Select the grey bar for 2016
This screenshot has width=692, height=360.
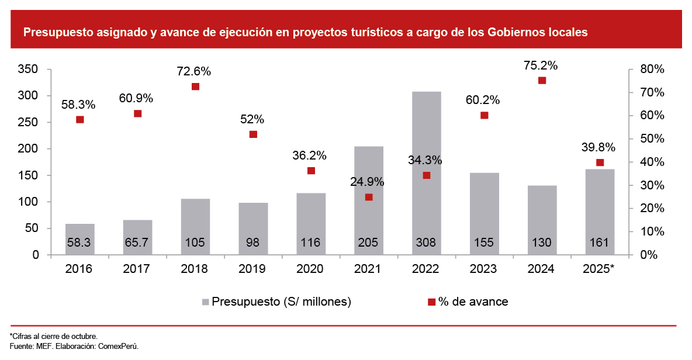pyautogui.click(x=80, y=239)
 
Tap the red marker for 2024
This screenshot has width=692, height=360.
pyautogui.click(x=542, y=81)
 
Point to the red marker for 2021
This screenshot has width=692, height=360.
pyautogui.click(x=369, y=197)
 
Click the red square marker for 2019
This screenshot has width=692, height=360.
pyautogui.click(x=253, y=134)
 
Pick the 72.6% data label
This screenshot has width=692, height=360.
pyautogui.click(x=194, y=72)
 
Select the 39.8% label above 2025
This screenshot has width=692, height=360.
pyautogui.click(x=599, y=148)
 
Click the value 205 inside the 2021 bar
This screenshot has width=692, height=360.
pyautogui.click(x=369, y=243)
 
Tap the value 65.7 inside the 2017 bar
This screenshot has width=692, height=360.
pyautogui.click(x=137, y=243)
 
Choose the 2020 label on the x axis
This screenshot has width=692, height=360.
pyautogui.click(x=311, y=269)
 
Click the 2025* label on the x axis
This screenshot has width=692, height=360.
pyautogui.click(x=600, y=269)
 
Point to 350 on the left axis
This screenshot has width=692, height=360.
pyautogui.click(x=29, y=70)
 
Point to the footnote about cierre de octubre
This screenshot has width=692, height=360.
pyautogui.click(x=53, y=336)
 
